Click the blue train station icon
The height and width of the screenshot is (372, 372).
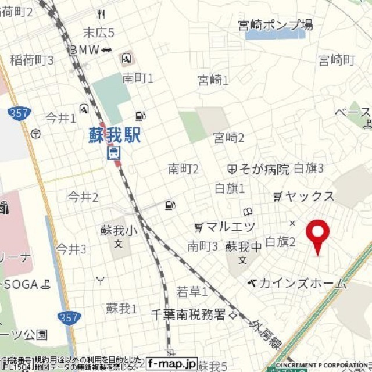[114, 153]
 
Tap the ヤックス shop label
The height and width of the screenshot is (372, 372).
[309, 196]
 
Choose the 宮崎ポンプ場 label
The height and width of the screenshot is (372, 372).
[276, 24]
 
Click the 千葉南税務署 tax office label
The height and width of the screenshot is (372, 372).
[188, 314]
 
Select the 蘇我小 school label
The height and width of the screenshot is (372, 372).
[119, 231]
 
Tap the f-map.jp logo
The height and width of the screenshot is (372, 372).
[171, 363]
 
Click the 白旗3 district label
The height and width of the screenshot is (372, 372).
[308, 169]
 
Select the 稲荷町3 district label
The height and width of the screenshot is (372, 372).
[32, 60]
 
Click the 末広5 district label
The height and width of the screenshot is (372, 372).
[98, 33]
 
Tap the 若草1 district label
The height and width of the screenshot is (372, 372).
[192, 291]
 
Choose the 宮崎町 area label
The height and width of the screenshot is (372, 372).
[336, 59]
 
